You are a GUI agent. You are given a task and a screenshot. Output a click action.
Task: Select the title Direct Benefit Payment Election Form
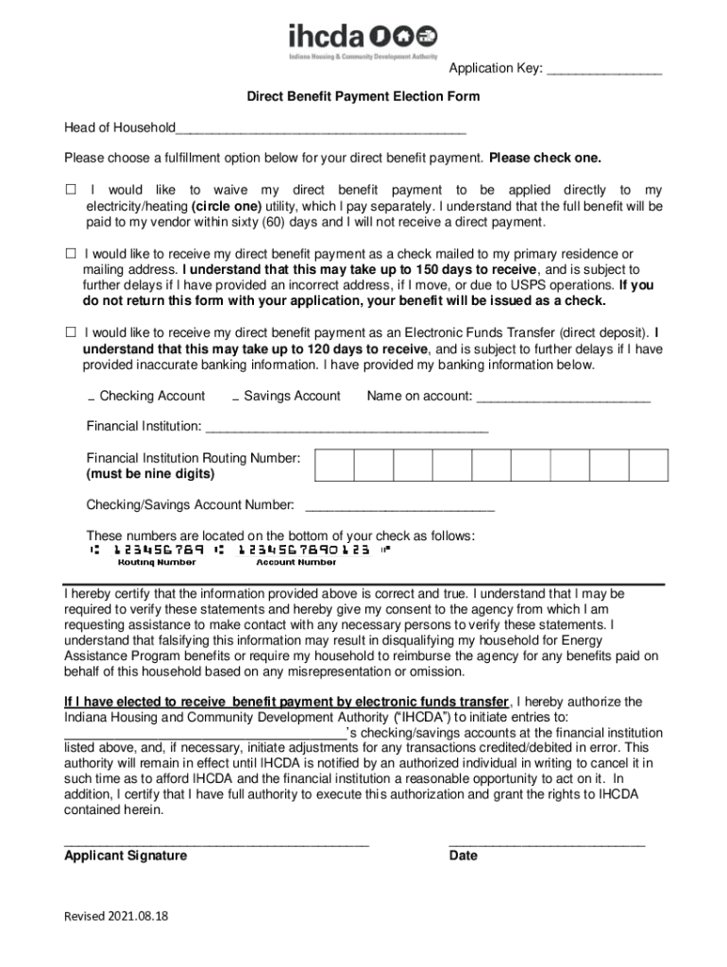click(x=363, y=96)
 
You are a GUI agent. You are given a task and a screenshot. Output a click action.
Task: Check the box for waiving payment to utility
click(x=71, y=190)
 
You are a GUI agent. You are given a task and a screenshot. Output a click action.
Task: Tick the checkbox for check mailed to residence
click(x=71, y=254)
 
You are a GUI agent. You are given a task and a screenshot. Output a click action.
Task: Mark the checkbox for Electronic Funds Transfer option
click(x=71, y=332)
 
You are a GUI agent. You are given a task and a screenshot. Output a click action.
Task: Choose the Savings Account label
click(x=292, y=396)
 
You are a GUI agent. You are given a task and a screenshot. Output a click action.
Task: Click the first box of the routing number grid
click(x=334, y=466)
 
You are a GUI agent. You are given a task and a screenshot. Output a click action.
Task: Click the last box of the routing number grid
click(x=649, y=466)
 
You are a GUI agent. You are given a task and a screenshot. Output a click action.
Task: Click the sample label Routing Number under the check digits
click(x=157, y=562)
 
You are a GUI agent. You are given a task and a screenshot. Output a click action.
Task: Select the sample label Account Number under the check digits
click(x=296, y=562)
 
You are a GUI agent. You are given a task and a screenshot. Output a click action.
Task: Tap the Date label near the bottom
click(x=464, y=856)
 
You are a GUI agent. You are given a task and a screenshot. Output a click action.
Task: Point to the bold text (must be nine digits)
click(x=150, y=473)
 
